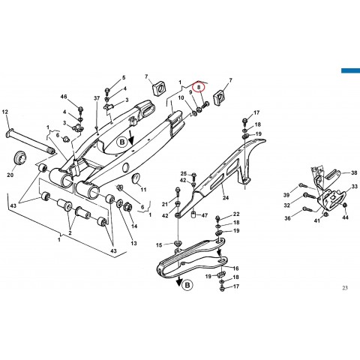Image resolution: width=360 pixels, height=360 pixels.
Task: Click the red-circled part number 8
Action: tap(199, 87)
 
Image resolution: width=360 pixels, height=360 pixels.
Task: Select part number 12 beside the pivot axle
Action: tap(5, 112)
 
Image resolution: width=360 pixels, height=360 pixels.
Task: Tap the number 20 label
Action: tap(10, 175)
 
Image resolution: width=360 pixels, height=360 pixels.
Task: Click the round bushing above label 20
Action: tap(19, 158)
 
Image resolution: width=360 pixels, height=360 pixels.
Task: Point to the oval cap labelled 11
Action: tap(136, 178)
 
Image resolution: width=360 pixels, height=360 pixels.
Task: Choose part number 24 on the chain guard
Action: tap(226, 198)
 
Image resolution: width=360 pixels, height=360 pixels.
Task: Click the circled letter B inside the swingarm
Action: tap(122, 142)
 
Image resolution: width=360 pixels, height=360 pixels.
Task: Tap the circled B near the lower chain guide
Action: tap(187, 285)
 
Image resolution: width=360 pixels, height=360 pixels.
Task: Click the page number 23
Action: tap(345, 288)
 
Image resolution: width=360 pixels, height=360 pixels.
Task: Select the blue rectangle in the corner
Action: tap(350, 70)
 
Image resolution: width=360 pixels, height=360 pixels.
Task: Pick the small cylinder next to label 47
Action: tap(193, 215)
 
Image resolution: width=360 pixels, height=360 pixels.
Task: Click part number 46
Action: tap(64, 97)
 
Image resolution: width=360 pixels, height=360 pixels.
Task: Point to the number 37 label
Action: tap(97, 98)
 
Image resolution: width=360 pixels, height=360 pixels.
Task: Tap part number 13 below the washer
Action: tap(134, 243)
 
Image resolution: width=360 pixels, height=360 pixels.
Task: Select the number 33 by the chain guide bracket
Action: tap(355, 187)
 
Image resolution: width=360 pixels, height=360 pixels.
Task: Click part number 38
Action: tap(354, 172)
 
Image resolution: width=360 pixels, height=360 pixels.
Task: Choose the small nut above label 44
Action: tap(345, 205)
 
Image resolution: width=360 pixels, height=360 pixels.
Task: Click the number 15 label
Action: tap(159, 245)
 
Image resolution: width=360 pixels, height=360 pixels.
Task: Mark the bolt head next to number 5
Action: tap(107, 90)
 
